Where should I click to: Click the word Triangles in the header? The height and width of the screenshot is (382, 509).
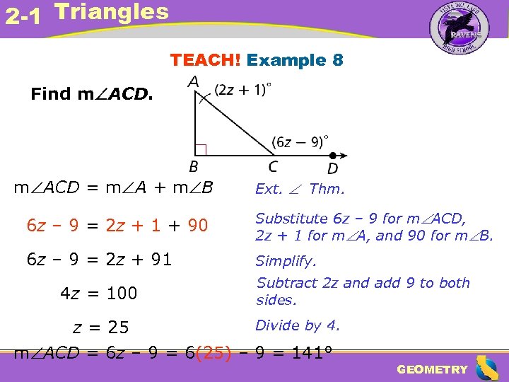112,12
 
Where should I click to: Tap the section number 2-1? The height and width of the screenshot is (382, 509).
23,16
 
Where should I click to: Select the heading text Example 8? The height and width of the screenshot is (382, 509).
296,60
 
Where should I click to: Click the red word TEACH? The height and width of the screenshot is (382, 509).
206,60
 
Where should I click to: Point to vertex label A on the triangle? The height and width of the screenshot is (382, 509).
193,82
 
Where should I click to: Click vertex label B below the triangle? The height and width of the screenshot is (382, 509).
193,168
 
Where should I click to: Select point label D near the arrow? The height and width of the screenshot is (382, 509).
332,168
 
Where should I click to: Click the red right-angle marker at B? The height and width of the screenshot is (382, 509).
200,149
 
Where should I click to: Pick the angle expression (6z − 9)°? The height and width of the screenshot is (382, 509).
300,141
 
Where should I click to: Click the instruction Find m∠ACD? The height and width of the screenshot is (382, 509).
91,94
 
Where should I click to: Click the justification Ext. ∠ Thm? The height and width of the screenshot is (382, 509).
300,189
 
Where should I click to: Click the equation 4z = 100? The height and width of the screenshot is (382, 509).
98,293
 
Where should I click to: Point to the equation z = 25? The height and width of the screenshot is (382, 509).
101,327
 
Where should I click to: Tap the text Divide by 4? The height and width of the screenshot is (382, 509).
298,325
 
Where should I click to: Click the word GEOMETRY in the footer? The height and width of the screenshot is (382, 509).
432,369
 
